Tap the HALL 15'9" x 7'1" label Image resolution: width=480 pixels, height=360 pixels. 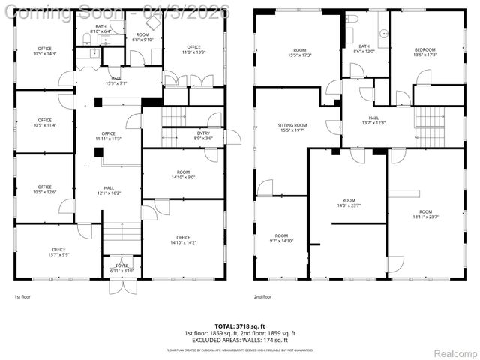tap(116, 80)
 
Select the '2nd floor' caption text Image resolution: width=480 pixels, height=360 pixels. tap(263, 297)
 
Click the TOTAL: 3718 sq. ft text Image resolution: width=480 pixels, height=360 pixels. tap(240, 326)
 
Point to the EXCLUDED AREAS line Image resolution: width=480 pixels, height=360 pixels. tap(240, 340)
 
